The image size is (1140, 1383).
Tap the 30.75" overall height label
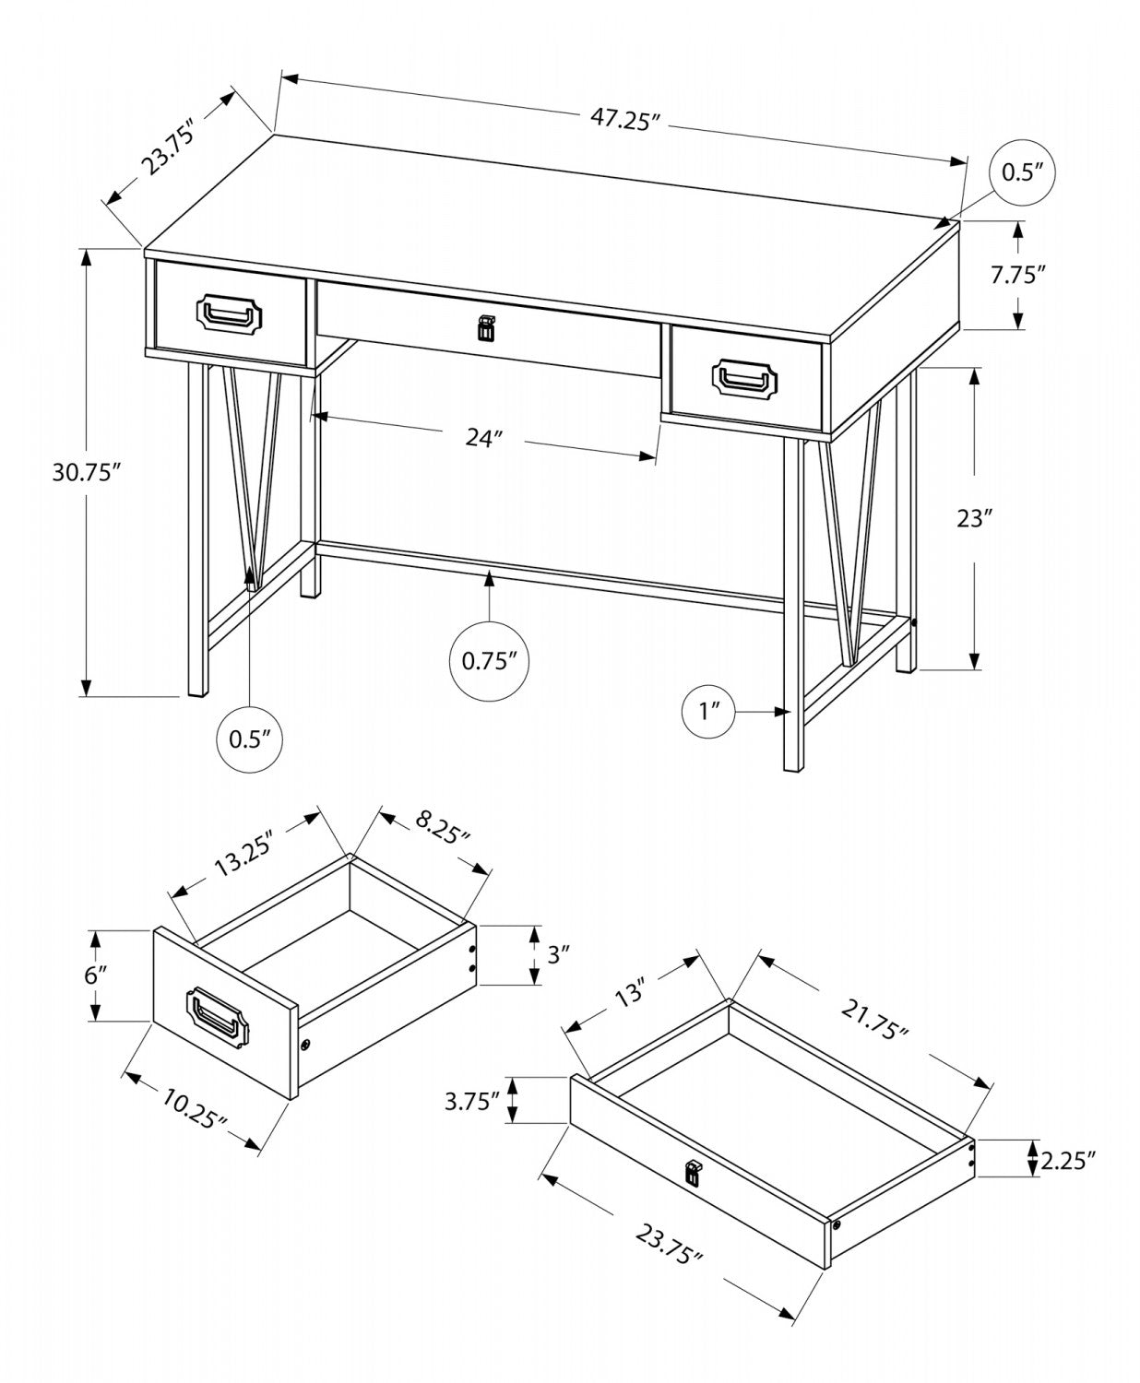point(87,472)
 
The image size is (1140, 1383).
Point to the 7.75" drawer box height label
point(1018,275)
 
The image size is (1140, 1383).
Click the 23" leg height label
point(974,518)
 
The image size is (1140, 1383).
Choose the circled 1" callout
point(709,711)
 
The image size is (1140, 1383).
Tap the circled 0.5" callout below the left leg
point(249,739)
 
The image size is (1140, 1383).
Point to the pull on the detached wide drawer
point(692,1173)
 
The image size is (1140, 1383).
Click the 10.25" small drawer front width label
point(195,1107)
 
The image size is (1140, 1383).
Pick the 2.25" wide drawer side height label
point(1067,1160)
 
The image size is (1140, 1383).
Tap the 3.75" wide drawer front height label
point(471,1100)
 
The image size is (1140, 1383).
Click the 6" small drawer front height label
point(96,975)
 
